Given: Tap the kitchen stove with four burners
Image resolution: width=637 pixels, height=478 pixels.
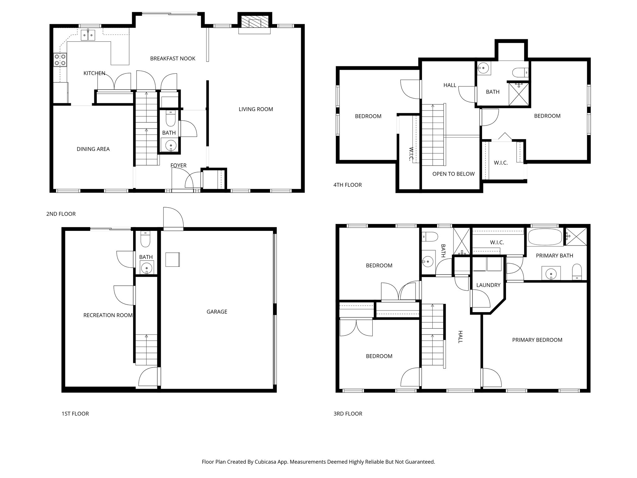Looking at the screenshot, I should [x=60, y=59].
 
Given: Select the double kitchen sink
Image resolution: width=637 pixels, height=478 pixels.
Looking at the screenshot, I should [x=88, y=35].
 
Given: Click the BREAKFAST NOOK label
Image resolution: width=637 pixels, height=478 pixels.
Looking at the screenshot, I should [x=173, y=59].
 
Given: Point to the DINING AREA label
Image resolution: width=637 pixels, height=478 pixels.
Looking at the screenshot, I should [x=93, y=149].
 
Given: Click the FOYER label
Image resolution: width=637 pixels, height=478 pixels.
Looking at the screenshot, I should [x=179, y=166].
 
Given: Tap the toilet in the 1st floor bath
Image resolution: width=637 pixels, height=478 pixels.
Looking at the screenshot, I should [x=145, y=240].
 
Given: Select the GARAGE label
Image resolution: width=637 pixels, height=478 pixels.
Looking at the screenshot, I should [x=217, y=312].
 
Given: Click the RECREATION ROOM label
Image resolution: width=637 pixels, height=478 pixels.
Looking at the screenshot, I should [x=108, y=315].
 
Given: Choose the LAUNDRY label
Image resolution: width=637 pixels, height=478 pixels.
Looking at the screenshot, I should [x=488, y=285].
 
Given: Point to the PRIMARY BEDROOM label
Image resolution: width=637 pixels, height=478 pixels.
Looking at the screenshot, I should [x=537, y=340].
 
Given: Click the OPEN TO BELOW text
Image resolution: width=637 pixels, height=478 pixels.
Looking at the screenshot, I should [x=453, y=174].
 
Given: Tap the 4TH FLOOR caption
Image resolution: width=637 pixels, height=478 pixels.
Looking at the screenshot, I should [x=347, y=185].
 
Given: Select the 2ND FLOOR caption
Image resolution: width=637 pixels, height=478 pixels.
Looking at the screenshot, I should [x=61, y=214].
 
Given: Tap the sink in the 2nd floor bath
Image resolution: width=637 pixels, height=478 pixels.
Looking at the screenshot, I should [x=170, y=145].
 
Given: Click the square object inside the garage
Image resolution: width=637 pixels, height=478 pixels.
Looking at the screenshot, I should [x=173, y=260].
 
